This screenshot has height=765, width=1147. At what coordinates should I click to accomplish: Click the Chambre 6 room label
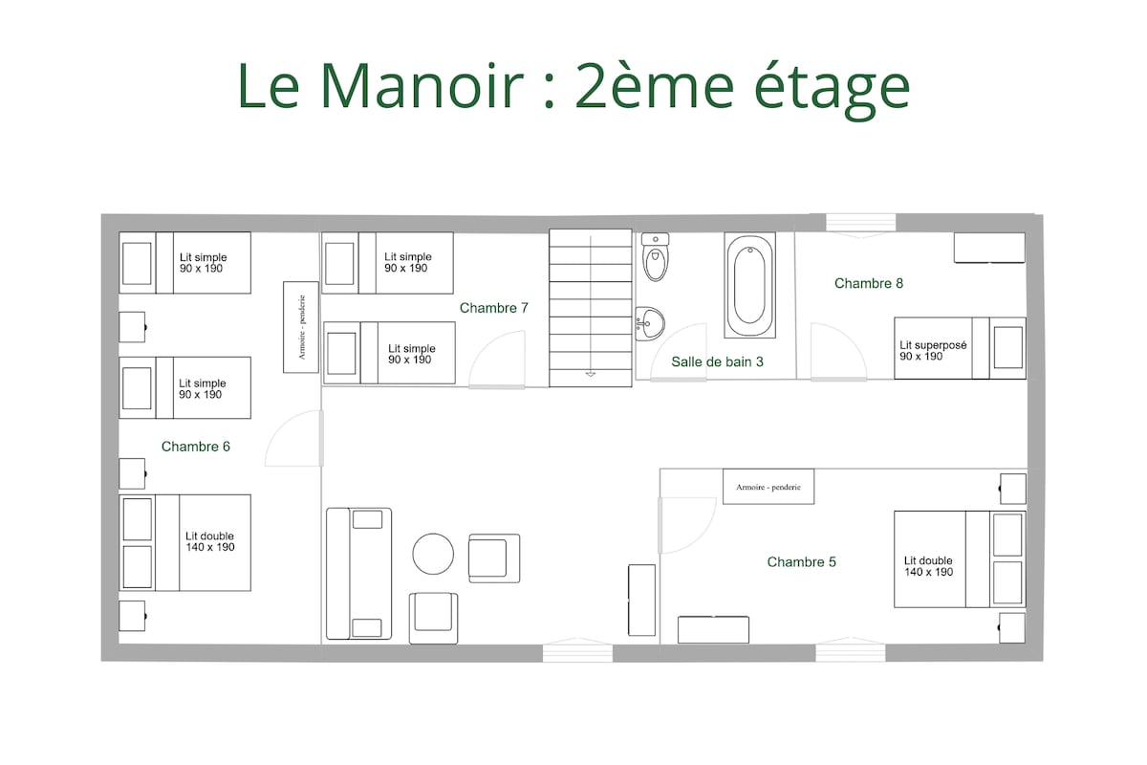tap(196, 447)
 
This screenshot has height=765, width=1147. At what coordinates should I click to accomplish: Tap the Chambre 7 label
tap(493, 308)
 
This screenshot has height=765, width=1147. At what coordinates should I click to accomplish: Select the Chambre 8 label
tap(869, 283)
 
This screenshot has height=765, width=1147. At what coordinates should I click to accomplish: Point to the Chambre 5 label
tap(801, 562)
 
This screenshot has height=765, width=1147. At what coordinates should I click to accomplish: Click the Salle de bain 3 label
tap(717, 361)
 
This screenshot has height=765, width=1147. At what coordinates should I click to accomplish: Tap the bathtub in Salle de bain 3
tap(749, 285)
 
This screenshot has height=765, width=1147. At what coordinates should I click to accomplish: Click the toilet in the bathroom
tap(656, 256)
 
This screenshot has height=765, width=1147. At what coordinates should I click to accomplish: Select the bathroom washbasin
tap(650, 324)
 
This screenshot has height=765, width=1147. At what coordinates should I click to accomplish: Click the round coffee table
tap(433, 554)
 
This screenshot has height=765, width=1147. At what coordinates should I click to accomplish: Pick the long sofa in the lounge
tap(359, 574)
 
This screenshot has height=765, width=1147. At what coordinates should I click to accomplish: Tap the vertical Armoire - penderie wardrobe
tap(301, 327)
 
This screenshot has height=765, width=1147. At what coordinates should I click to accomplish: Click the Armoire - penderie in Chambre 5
tap(768, 487)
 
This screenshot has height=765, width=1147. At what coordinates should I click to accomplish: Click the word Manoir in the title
tap(422, 85)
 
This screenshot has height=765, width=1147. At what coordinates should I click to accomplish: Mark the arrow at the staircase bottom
tap(591, 374)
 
